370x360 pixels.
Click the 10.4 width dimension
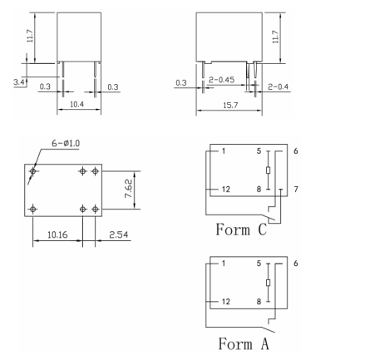click(76, 105)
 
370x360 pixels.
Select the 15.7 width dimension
click(230, 106)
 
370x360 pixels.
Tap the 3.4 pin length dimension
click(19, 82)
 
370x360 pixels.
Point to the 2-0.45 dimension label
click(221, 80)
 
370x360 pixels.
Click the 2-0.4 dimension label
click(278, 86)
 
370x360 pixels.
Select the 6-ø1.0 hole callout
click(66, 143)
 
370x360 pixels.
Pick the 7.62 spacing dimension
click(129, 189)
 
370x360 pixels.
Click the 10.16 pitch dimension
click(57, 234)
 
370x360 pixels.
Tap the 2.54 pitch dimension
click(118, 234)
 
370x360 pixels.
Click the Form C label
click(241, 229)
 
